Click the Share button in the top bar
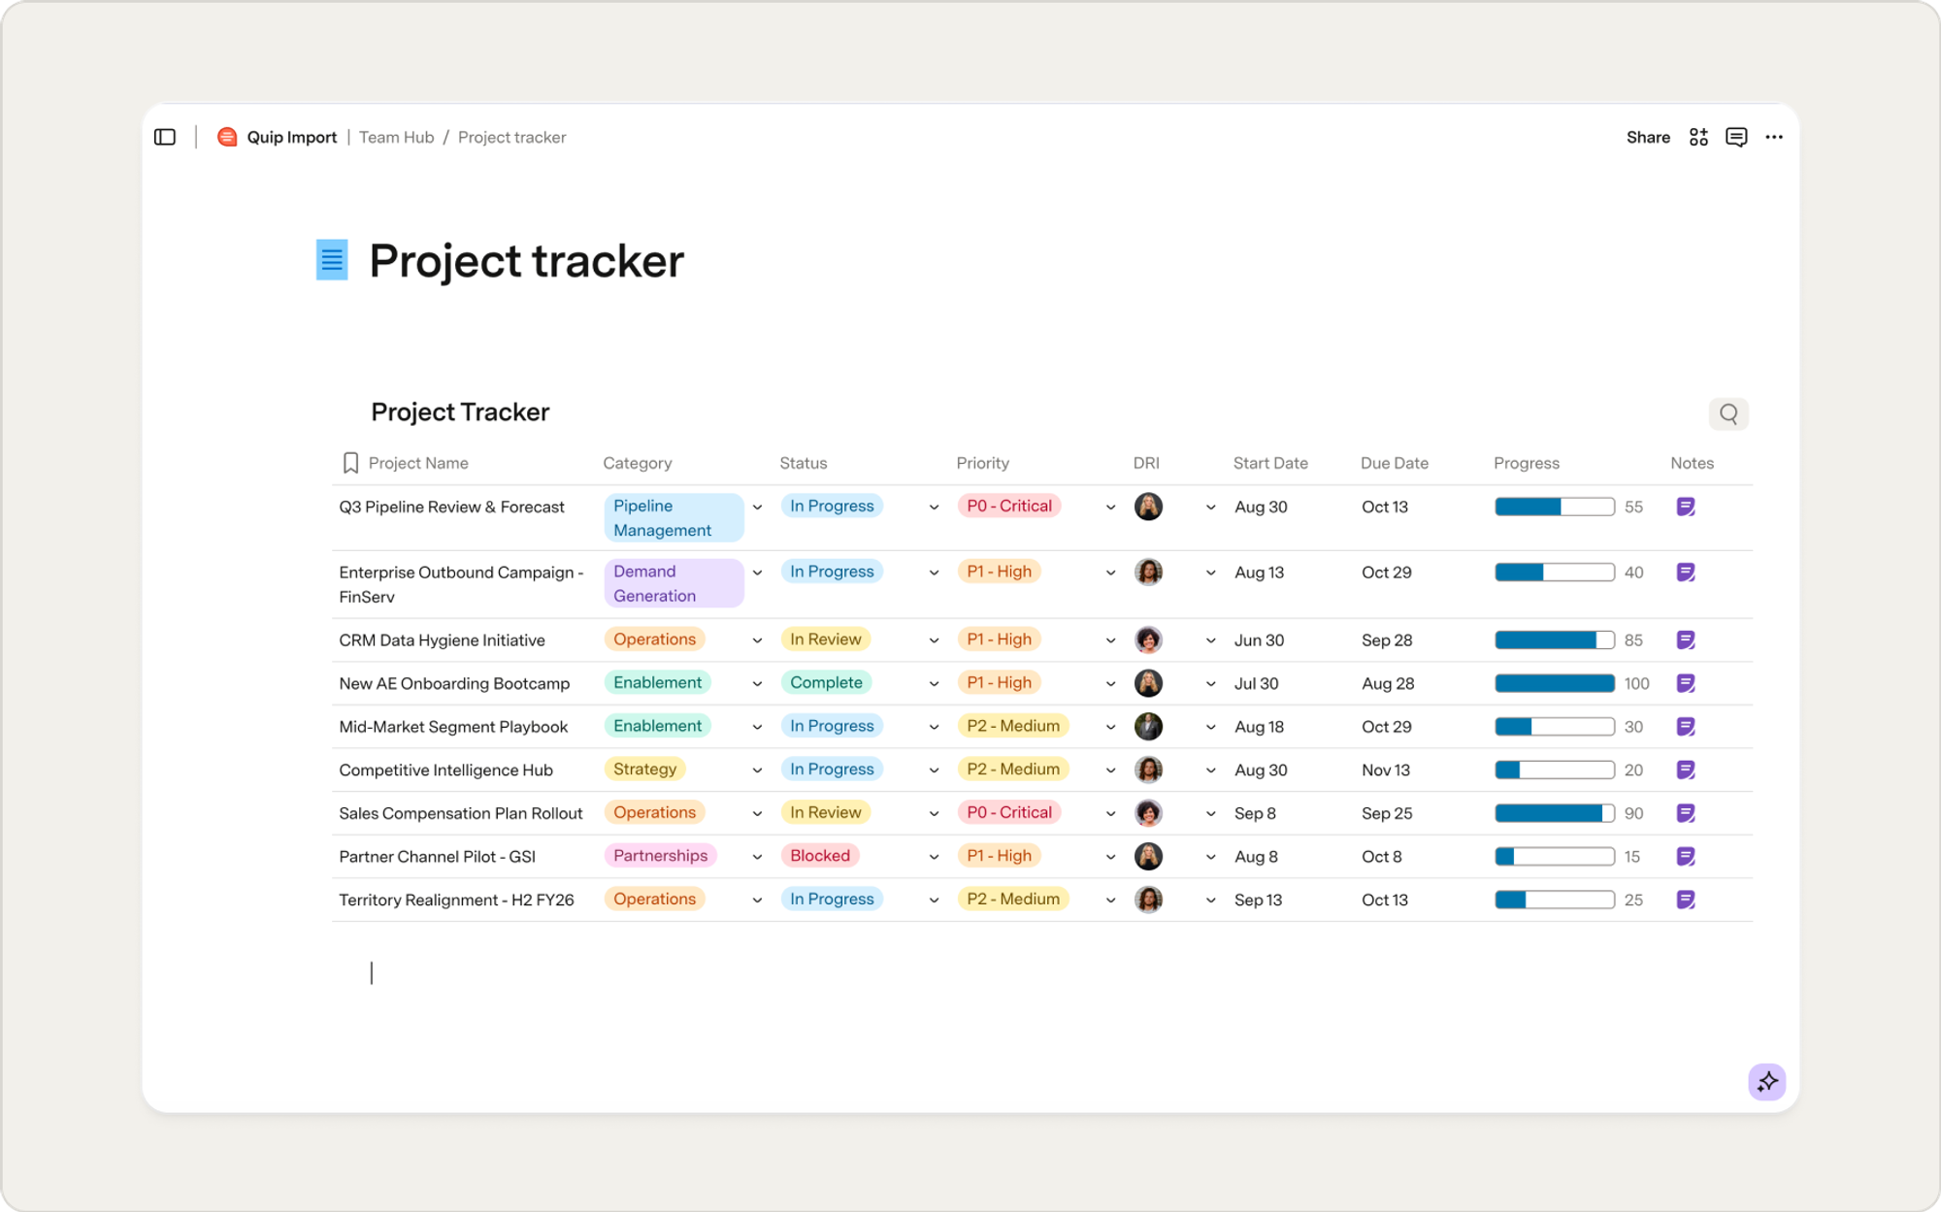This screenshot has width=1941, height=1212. tap(1648, 137)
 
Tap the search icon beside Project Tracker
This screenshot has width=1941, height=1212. tap(1728, 414)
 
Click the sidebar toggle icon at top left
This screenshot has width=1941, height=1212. tap(165, 137)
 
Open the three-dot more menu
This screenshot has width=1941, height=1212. tap(1774, 137)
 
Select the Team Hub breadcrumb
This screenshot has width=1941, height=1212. tap(396, 137)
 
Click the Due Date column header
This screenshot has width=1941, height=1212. tap(1395, 463)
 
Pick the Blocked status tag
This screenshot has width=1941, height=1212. tap(820, 856)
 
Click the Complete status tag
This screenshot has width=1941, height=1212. tap(826, 683)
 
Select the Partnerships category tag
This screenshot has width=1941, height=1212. tap(660, 856)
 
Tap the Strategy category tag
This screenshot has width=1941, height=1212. tap(644, 770)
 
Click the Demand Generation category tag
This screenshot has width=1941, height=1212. tap(674, 583)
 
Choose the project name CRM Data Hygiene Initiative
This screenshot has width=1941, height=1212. tap(442, 640)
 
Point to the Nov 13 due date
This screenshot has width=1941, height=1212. tap(1385, 770)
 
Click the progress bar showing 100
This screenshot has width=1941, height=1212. tap(1554, 683)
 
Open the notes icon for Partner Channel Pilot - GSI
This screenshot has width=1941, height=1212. tap(1686, 857)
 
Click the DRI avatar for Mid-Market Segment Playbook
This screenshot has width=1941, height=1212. tap(1148, 727)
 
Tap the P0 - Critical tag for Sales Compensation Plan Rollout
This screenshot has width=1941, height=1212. tap(1009, 812)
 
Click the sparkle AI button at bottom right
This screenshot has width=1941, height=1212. tap(1767, 1081)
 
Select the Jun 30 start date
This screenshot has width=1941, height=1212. tap(1259, 640)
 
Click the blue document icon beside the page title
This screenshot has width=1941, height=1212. tap(332, 260)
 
